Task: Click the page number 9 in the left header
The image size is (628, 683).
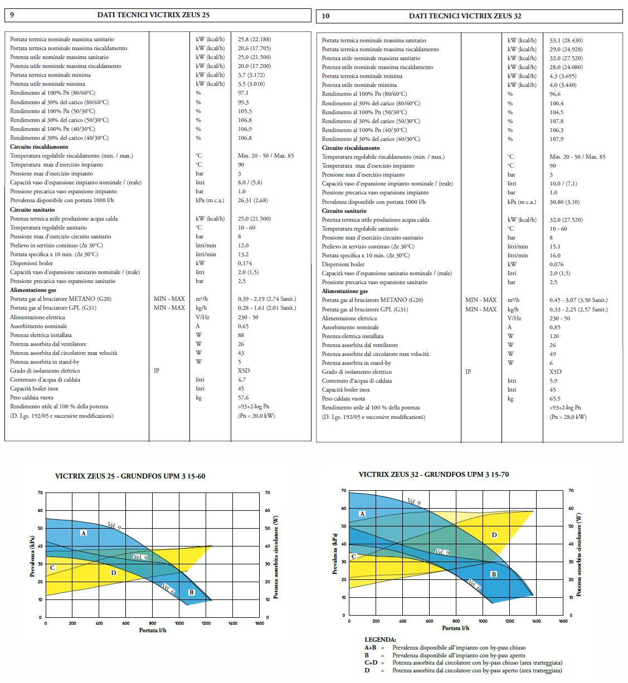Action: (x=12, y=15)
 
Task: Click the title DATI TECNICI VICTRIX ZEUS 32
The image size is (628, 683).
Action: (x=465, y=16)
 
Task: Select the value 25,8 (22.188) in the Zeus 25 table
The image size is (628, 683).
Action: (x=254, y=39)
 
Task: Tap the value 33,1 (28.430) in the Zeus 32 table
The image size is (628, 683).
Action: (x=566, y=40)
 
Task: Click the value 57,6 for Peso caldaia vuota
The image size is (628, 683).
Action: (x=244, y=398)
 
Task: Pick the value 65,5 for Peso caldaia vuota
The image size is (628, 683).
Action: (x=555, y=399)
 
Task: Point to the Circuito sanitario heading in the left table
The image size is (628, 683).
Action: (x=32, y=209)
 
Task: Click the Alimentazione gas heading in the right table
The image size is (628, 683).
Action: (x=345, y=291)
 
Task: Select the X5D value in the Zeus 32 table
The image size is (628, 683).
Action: (x=556, y=372)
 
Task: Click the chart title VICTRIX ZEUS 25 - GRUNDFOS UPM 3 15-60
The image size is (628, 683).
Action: (x=130, y=476)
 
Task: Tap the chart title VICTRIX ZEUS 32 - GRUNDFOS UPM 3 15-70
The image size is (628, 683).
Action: (x=434, y=475)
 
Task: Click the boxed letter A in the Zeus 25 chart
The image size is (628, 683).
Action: (x=84, y=533)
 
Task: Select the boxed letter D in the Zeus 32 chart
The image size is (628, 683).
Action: (x=494, y=535)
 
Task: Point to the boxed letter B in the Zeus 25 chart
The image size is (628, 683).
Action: (x=191, y=592)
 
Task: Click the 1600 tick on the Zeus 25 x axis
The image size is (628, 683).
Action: (x=260, y=623)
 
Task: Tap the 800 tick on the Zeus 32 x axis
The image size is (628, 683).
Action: (x=456, y=621)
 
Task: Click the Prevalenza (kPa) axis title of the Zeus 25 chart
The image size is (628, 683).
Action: (x=32, y=556)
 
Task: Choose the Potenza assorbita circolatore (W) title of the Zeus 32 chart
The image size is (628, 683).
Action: (x=579, y=555)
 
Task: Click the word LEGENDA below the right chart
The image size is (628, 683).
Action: (x=381, y=640)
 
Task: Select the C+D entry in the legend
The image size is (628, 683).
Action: (x=371, y=663)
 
